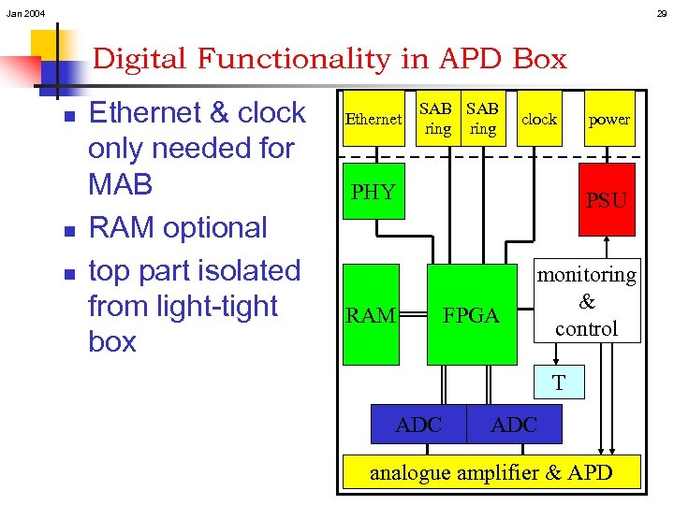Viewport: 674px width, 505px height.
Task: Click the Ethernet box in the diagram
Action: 374,119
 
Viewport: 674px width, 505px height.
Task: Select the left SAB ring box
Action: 437,119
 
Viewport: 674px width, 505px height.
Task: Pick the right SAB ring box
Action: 482,119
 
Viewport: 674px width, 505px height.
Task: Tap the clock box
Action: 538,119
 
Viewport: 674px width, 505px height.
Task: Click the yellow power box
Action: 608,119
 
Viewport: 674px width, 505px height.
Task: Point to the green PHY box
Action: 374,192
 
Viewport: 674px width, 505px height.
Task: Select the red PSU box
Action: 607,199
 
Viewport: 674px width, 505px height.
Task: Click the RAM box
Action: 371,315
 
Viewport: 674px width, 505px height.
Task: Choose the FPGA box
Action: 472,315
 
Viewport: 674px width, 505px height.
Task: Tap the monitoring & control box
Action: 587,301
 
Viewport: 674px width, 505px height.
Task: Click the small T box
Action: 558,382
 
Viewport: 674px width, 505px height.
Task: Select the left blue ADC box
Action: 418,425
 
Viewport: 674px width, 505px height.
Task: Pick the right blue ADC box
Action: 514,425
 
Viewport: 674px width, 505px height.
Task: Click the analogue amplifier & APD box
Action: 491,472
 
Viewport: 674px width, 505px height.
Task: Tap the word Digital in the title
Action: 143,59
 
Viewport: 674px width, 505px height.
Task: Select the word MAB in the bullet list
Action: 120,184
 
